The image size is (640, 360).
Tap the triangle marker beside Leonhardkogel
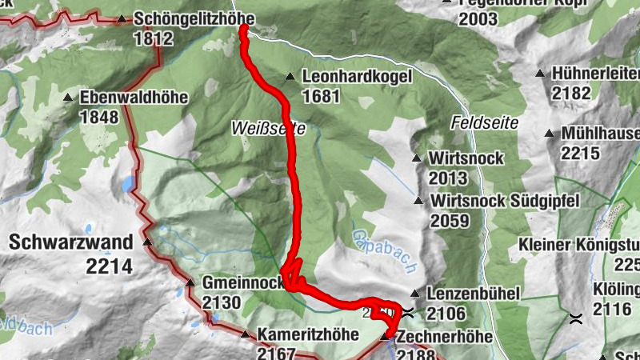(x=290, y=77)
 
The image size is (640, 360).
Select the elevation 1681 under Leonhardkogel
(x=322, y=97)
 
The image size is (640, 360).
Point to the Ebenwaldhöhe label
(x=134, y=98)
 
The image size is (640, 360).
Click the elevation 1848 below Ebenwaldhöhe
(x=99, y=118)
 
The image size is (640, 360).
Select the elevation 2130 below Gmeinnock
(x=222, y=302)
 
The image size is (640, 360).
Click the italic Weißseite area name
(x=263, y=127)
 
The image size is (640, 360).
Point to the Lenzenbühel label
(x=474, y=294)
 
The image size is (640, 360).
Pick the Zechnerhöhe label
(x=444, y=337)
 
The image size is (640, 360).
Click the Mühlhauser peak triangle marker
(x=549, y=133)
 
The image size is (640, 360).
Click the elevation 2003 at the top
(x=478, y=19)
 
